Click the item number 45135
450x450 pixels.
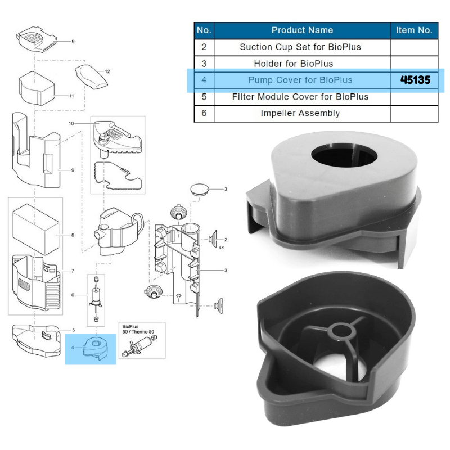pos(415,80)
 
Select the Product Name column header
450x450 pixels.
pos(302,30)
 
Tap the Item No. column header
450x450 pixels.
pos(414,30)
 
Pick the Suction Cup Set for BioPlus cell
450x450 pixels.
pos(300,47)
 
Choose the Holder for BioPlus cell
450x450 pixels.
pos(301,64)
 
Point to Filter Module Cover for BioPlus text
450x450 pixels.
pos(300,97)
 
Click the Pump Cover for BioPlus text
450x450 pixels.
pos(300,80)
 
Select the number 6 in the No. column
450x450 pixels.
pos(204,113)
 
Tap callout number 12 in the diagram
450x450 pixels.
pos(107,71)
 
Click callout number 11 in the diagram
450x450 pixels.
pos(71,96)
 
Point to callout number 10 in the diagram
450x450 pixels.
pos(71,123)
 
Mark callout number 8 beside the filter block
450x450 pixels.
pos(72,234)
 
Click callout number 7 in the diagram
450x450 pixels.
pos(72,271)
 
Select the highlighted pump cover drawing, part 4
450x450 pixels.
pos(93,348)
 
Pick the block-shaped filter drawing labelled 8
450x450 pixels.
pos(35,227)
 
